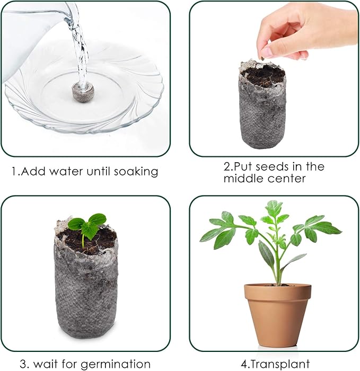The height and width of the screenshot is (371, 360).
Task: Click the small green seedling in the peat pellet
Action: tap(89, 226)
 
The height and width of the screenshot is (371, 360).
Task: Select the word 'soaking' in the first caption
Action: tap(137, 172)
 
